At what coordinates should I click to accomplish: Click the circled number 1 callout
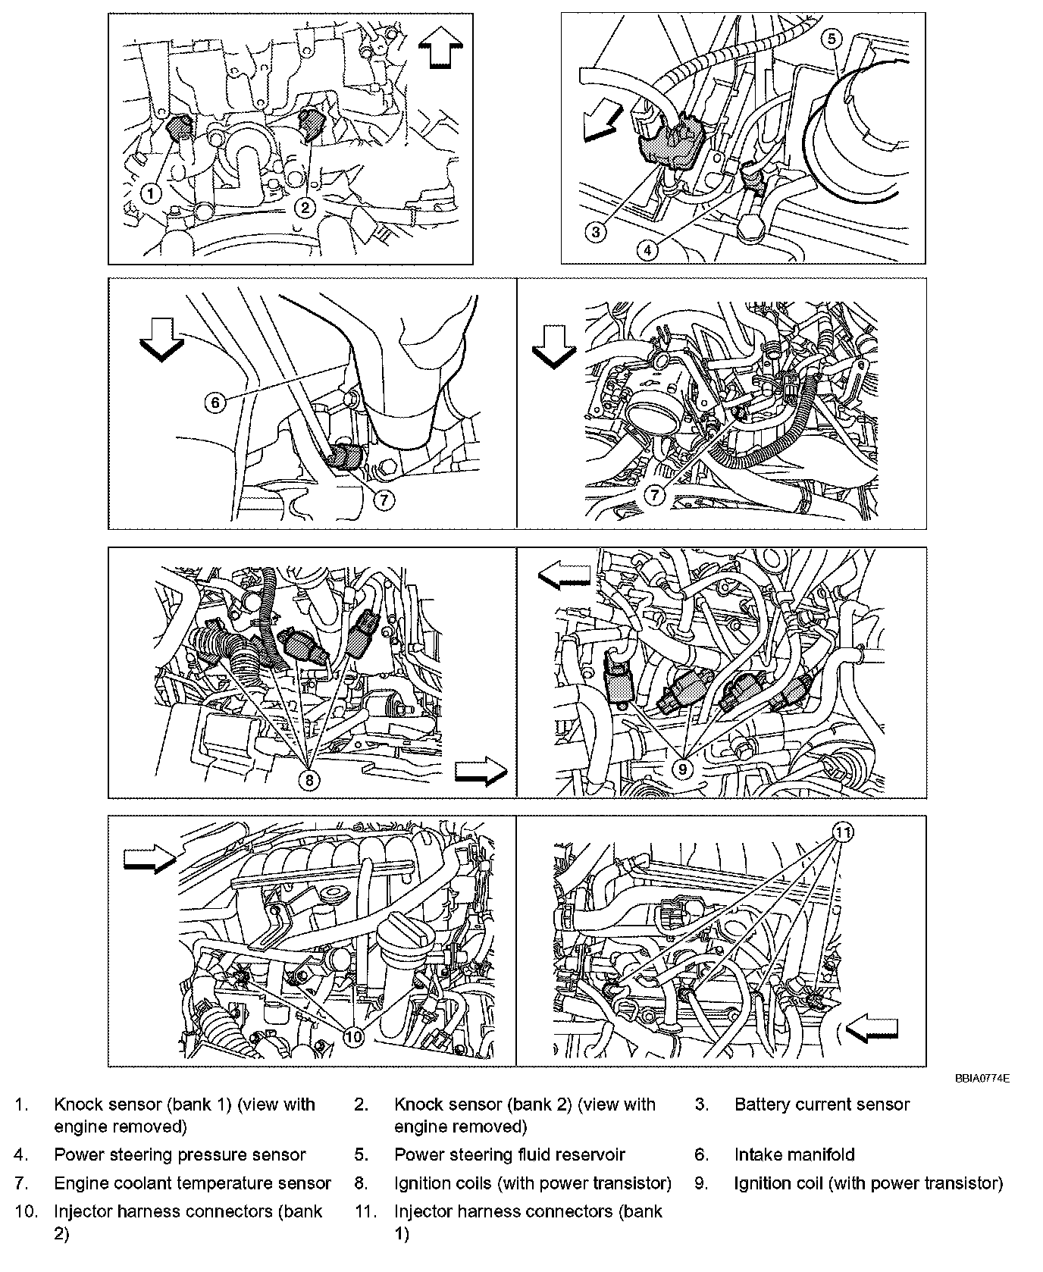(x=151, y=193)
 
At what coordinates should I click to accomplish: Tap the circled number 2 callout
(x=305, y=206)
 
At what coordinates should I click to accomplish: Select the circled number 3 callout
(x=597, y=232)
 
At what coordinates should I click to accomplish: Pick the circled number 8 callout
(x=310, y=779)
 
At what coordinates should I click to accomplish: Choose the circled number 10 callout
(x=354, y=1036)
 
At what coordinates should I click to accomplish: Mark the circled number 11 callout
(x=843, y=832)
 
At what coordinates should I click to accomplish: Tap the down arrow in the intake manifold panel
(x=162, y=340)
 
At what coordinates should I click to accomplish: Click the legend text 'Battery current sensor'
(x=822, y=1104)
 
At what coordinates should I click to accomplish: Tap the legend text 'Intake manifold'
(x=794, y=1155)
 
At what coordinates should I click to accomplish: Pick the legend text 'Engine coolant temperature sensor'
(x=193, y=1183)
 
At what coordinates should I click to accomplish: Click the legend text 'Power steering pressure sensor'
(x=180, y=1155)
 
